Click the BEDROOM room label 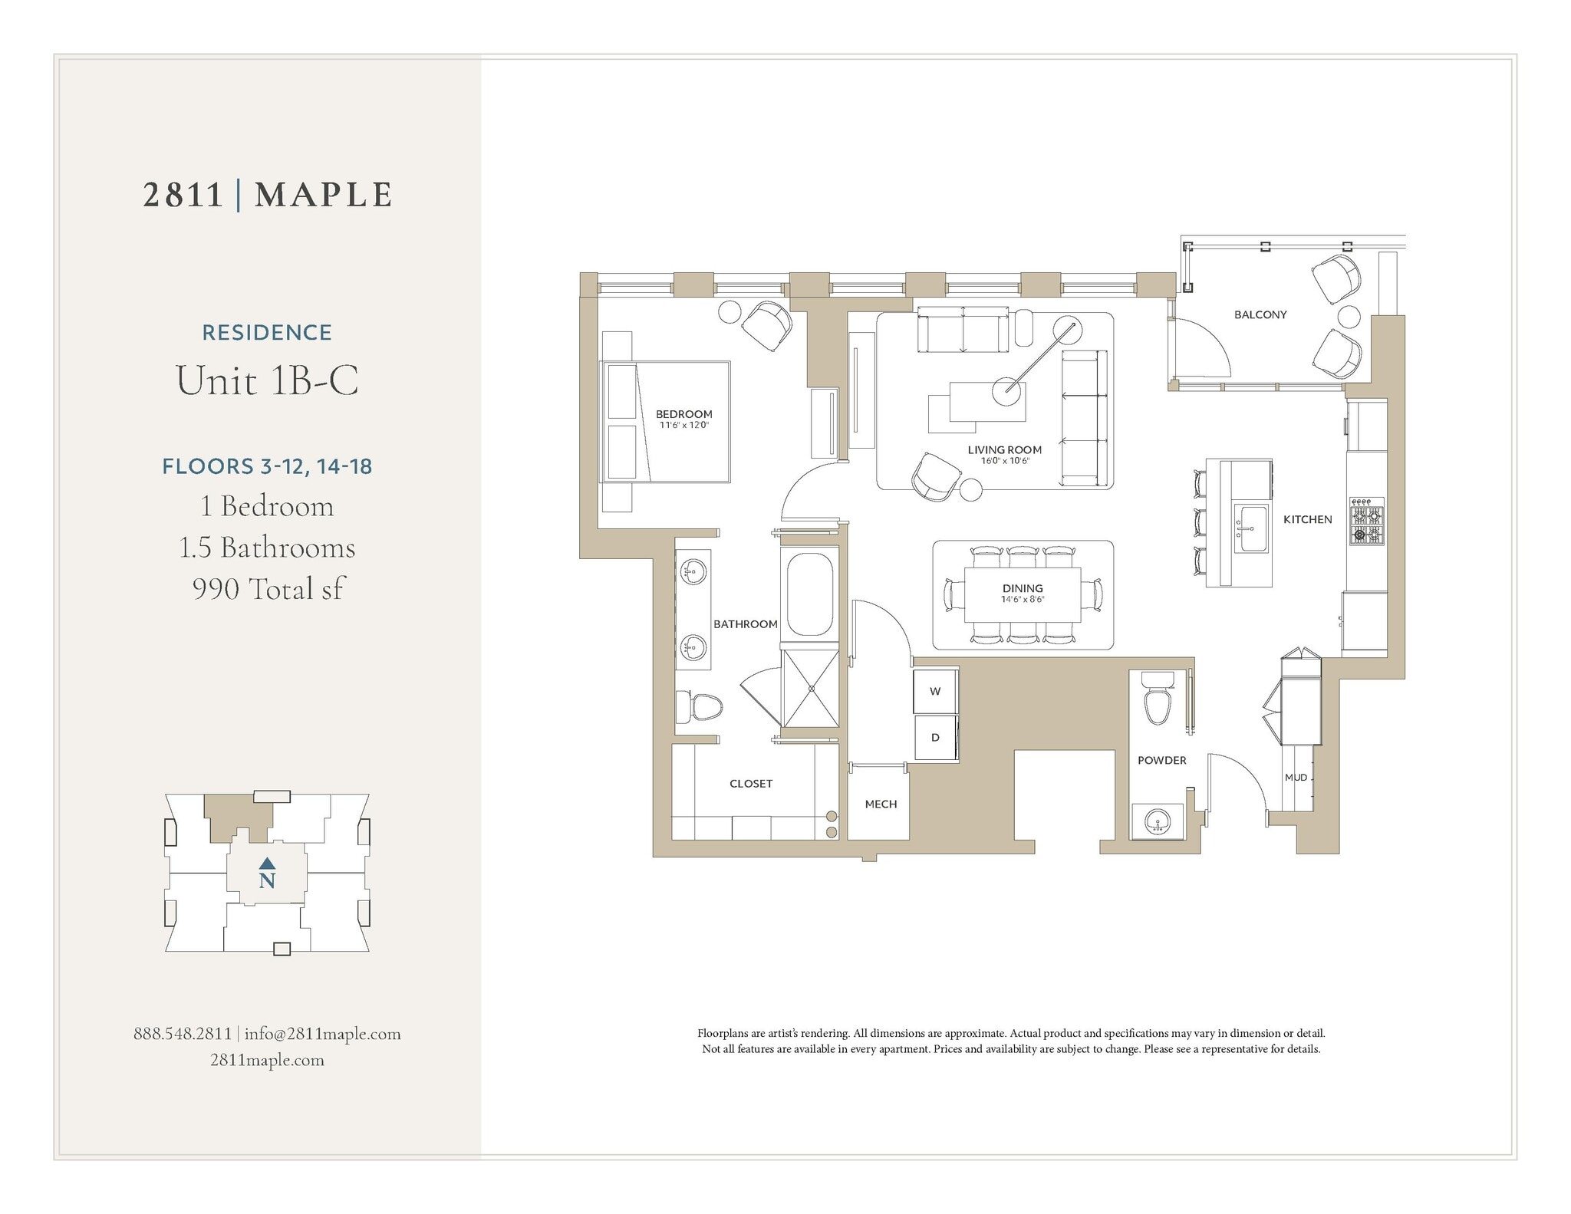point(683,414)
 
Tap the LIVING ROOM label point(1004,450)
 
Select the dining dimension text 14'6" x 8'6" point(1022,600)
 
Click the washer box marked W point(935,691)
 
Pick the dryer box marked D point(935,738)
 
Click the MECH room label point(880,804)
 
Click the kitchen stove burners point(1366,522)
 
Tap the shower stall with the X point(810,688)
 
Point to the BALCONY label point(1260,314)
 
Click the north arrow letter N point(267,880)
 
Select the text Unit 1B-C point(267,380)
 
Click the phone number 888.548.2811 point(183,1034)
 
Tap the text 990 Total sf point(267,589)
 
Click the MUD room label point(1296,777)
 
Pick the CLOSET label point(750,783)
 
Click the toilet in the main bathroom point(700,706)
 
